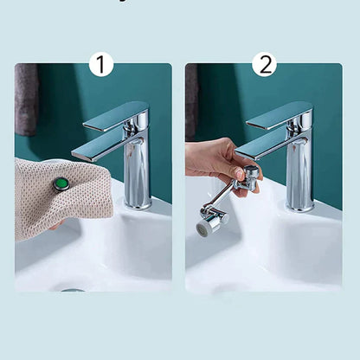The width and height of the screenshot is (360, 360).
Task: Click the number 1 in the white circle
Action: (101, 63)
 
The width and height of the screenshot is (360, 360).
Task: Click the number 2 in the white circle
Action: (264, 63)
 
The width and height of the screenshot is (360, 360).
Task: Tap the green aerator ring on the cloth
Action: (61, 183)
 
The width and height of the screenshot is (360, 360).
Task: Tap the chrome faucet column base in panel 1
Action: (138, 182)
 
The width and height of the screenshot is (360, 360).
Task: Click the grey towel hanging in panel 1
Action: (26, 99)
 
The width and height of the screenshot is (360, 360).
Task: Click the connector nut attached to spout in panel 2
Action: (251, 174)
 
